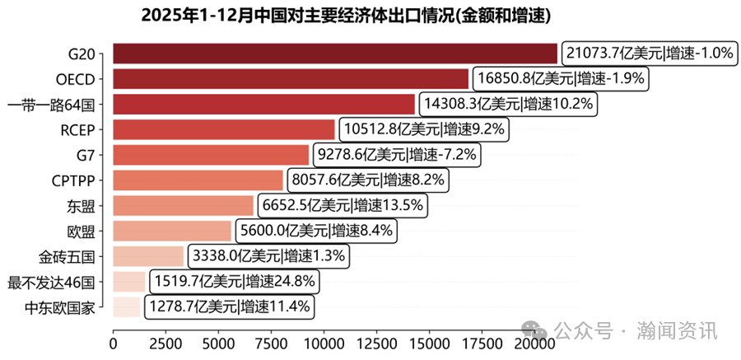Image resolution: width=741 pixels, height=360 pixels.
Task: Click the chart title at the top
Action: [x=345, y=16]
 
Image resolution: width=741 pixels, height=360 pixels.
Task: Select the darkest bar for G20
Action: [x=334, y=54]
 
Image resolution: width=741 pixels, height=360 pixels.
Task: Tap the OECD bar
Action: [x=290, y=79]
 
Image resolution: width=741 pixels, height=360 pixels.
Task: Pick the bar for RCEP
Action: [x=223, y=129]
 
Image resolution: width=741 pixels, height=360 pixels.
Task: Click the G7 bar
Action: [x=210, y=155]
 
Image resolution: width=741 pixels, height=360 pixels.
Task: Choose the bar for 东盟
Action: [x=183, y=205]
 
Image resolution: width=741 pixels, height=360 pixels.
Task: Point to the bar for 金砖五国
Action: [x=147, y=256]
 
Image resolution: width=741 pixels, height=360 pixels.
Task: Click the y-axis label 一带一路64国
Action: [x=51, y=105]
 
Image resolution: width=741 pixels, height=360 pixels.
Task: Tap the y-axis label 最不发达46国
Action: [x=51, y=282]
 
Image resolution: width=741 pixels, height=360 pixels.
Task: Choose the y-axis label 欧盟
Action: [x=82, y=231]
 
